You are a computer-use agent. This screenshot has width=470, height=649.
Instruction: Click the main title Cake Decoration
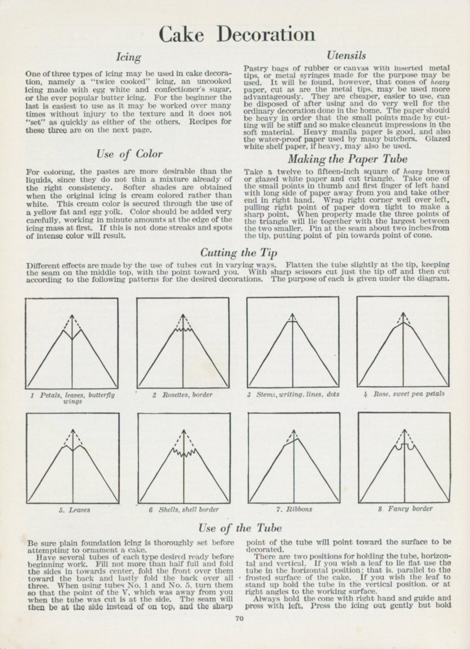click(237, 34)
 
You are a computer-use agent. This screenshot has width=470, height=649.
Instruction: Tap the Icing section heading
click(129, 57)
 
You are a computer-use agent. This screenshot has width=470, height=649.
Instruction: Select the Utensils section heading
click(347, 55)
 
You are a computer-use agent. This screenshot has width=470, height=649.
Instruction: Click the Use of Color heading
click(129, 154)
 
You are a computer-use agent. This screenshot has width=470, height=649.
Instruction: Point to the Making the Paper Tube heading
click(347, 159)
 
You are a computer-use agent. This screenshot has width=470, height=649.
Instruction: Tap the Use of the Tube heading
click(240, 528)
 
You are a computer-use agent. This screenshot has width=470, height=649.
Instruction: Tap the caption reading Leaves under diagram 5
click(75, 509)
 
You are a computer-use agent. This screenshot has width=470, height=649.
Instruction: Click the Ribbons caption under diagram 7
click(295, 509)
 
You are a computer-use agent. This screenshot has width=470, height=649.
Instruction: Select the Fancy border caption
click(404, 509)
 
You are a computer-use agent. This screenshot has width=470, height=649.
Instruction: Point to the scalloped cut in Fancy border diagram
click(404, 447)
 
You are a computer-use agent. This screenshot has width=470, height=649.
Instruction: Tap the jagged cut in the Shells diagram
click(184, 449)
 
